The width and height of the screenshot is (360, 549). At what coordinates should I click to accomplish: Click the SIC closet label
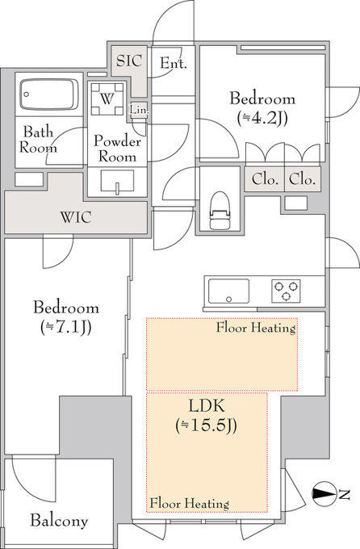(129, 61)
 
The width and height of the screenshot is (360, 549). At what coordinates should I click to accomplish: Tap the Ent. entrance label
(174, 63)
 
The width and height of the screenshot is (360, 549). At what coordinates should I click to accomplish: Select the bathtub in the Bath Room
(49, 94)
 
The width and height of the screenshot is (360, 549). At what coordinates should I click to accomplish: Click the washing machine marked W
(107, 99)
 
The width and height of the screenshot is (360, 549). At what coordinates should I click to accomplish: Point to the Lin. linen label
(140, 110)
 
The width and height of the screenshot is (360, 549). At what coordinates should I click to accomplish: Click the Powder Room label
(117, 149)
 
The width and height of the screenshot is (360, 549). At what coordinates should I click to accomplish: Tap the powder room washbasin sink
(117, 182)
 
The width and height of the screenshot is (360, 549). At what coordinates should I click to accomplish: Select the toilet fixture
(220, 210)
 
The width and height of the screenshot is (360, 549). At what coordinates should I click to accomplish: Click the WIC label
(76, 217)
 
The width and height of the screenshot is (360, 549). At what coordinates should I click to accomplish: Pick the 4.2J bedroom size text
(262, 119)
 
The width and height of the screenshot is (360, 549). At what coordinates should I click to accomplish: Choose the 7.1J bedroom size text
(66, 327)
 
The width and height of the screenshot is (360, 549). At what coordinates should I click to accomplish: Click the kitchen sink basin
(228, 291)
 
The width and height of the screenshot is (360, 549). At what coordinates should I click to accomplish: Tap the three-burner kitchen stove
(286, 291)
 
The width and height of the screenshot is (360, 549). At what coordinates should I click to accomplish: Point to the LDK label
(207, 406)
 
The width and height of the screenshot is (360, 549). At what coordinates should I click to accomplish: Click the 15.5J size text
(207, 425)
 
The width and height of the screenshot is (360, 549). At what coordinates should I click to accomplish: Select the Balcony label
(59, 521)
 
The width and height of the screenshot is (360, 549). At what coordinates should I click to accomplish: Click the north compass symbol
(324, 493)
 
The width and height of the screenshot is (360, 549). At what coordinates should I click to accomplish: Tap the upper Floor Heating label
(256, 328)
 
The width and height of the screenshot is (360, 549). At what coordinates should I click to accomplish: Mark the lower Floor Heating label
(190, 504)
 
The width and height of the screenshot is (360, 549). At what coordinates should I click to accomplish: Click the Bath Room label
(38, 140)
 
